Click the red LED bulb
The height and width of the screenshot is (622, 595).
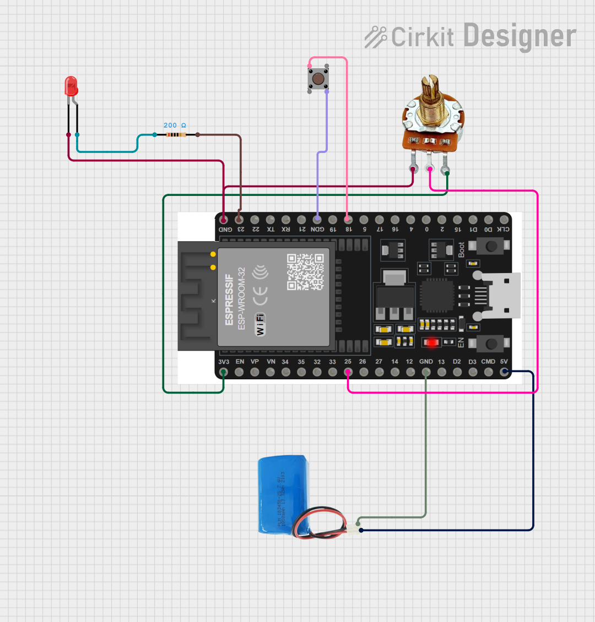click(x=71, y=86)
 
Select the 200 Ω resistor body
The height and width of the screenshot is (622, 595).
click(x=175, y=134)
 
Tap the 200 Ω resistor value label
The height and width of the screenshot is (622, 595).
click(x=175, y=126)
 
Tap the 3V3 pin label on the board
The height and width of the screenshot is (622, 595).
click(x=224, y=362)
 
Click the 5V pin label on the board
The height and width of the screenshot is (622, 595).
click(x=504, y=362)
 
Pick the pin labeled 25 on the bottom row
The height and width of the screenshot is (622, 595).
click(x=348, y=372)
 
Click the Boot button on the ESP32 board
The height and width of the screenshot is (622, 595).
click(x=490, y=246)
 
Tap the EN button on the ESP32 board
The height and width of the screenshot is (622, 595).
click(x=490, y=344)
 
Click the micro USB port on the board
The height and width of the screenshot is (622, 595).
click(x=502, y=296)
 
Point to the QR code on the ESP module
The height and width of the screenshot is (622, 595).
click(x=305, y=271)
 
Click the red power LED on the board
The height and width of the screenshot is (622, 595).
click(x=431, y=342)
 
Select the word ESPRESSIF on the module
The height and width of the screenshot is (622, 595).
click(x=229, y=300)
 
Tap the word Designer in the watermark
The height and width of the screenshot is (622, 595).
click(x=520, y=36)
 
